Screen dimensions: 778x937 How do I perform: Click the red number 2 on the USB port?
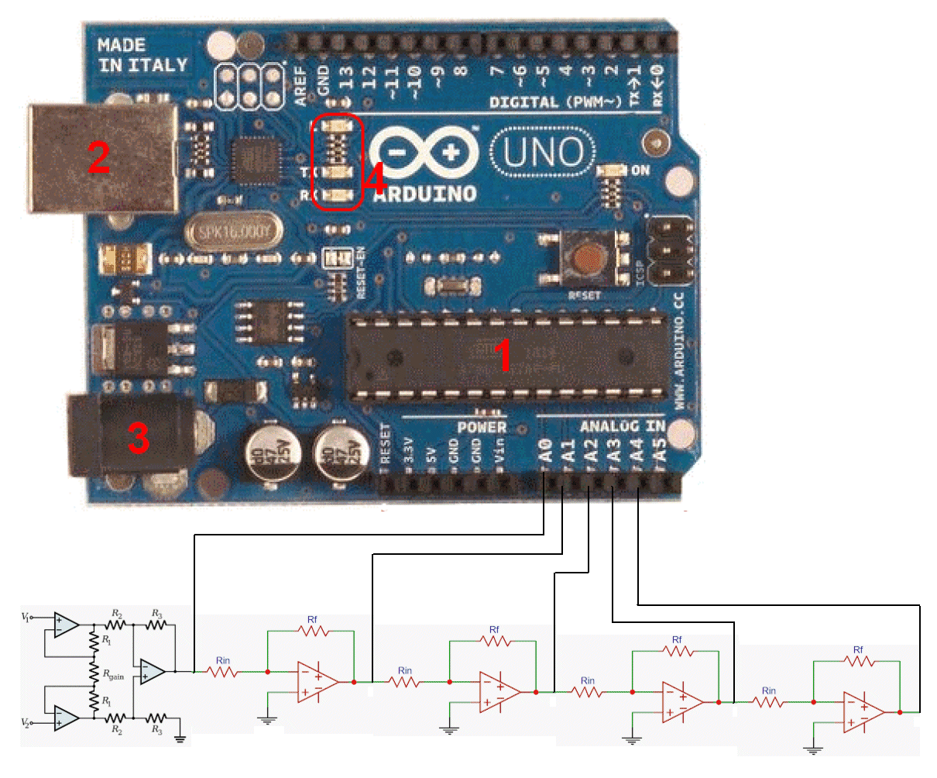pyautogui.click(x=99, y=158)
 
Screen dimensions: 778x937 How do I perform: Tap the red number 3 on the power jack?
pyautogui.click(x=138, y=439)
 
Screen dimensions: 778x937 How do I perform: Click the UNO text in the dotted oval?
pyautogui.click(x=543, y=153)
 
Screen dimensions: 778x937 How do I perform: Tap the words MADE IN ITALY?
pyautogui.click(x=142, y=56)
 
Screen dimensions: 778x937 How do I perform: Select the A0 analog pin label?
pyautogui.click(x=546, y=451)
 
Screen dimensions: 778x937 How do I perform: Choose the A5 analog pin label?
pyautogui.click(x=660, y=451)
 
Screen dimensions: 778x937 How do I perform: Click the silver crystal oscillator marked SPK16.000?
pyautogui.click(x=231, y=232)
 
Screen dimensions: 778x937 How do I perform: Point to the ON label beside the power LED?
pyautogui.click(x=640, y=170)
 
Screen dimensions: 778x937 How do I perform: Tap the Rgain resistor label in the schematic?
pyautogui.click(x=114, y=676)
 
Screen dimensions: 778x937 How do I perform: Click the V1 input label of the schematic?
pyautogui.click(x=26, y=617)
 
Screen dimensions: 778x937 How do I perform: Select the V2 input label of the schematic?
pyautogui.click(x=26, y=723)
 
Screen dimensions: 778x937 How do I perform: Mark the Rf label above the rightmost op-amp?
pyautogui.click(x=858, y=649)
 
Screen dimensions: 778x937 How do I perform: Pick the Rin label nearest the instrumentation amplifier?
pyautogui.click(x=223, y=661)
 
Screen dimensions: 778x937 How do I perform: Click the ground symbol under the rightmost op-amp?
pyautogui.click(x=812, y=750)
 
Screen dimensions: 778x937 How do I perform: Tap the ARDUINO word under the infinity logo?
pyautogui.click(x=425, y=194)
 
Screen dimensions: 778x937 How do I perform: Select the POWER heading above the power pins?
pyautogui.click(x=481, y=427)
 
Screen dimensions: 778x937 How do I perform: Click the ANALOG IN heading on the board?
pyautogui.click(x=622, y=426)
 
